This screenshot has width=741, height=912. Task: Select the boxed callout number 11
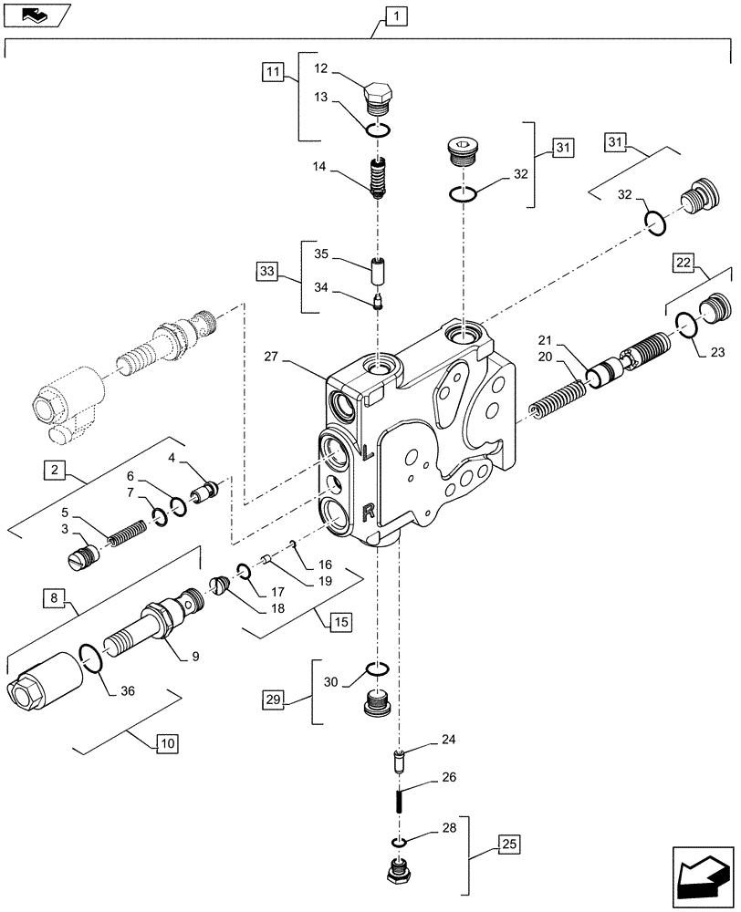272,69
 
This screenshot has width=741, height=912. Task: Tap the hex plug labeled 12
380,96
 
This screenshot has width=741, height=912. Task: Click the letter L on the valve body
367,452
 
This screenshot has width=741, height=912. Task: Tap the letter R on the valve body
368,513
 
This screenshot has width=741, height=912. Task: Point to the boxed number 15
339,623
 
